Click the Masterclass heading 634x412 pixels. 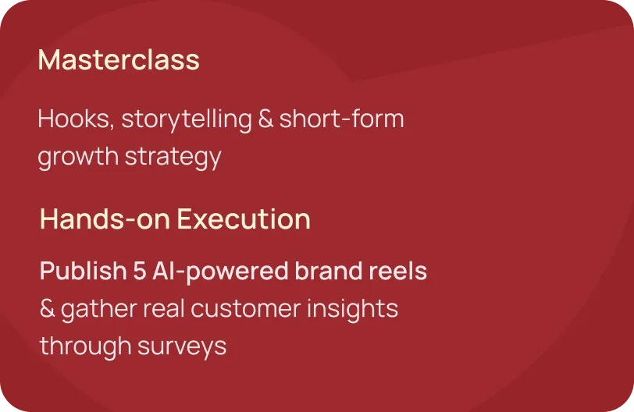point(119,60)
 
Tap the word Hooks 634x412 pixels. point(76,119)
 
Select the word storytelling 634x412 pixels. point(187,120)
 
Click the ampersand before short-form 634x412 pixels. point(265,119)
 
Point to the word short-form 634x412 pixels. point(342,119)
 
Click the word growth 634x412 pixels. point(78,157)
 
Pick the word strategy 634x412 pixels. point(173,157)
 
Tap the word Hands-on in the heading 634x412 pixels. point(105,219)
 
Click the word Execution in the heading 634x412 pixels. point(244,219)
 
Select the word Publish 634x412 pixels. point(84,271)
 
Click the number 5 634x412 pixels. point(140,271)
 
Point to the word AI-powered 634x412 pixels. point(220,271)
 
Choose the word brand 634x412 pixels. point(328,270)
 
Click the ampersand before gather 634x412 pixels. point(48,308)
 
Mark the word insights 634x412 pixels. point(353,309)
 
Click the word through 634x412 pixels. point(85,346)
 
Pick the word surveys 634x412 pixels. point(182,347)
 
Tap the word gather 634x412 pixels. point(99,309)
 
